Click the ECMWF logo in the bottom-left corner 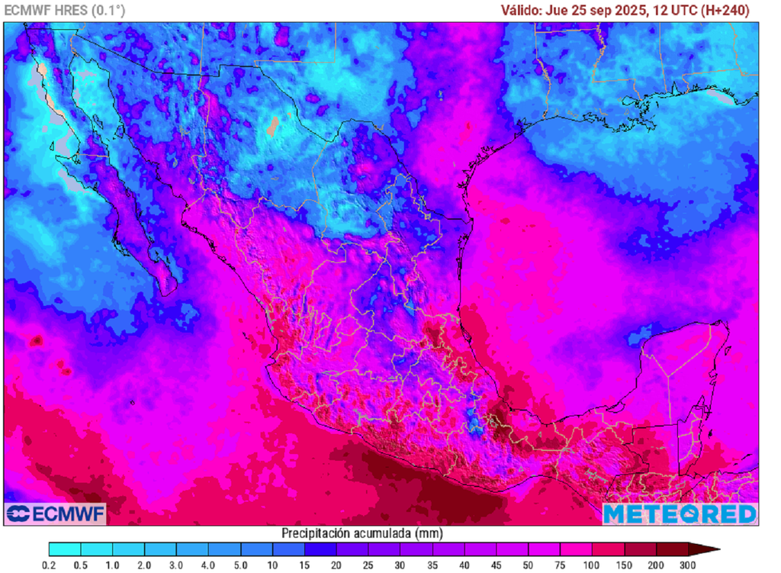point(55,514)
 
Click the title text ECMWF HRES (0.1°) point(65,10)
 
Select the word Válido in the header point(521,10)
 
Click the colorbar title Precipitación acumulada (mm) point(362,533)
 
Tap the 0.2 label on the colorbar point(50,565)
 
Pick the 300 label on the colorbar point(689,565)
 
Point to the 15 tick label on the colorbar point(304,565)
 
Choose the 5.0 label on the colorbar point(240,565)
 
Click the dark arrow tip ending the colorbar point(709,549)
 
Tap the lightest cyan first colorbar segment point(65,549)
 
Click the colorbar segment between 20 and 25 point(352,549)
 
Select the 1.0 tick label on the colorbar point(113,565)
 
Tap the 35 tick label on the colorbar point(432,565)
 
